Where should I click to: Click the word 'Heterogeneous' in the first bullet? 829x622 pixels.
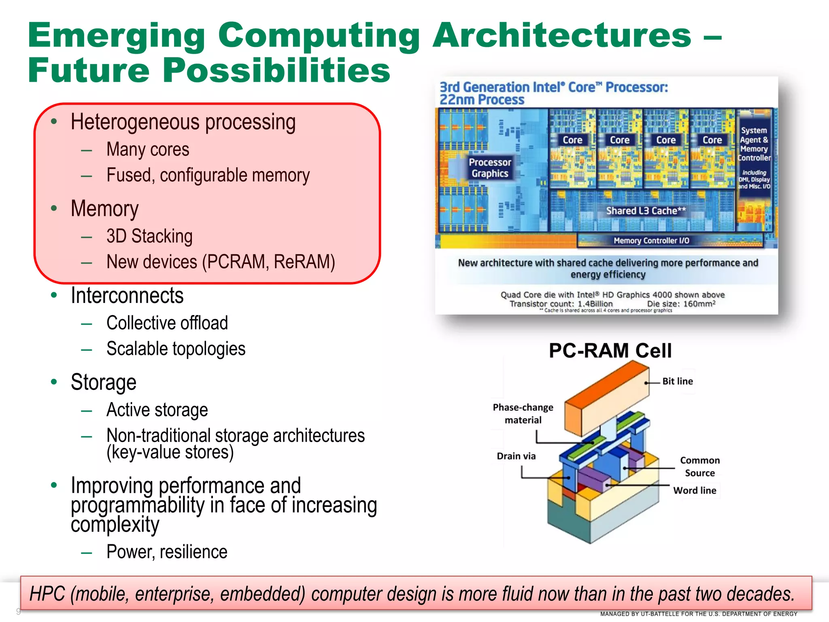135,122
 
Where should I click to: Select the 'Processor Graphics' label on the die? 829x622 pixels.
490,168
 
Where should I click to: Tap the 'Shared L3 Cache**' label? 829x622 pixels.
646,211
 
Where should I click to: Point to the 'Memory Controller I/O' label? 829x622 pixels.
651,241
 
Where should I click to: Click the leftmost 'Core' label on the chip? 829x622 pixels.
572,140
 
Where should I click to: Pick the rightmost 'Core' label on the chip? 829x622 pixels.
712,140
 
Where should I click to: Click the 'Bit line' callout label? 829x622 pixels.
677,381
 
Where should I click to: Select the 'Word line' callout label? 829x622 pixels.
695,490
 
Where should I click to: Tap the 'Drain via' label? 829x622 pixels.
516,456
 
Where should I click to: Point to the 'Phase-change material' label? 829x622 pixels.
523,413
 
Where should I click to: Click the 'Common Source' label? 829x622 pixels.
700,466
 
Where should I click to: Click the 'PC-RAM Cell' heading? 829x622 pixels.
610,351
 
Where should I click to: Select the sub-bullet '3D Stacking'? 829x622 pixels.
149,236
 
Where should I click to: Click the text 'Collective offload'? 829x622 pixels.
167,323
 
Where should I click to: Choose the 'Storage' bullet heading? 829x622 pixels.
104,382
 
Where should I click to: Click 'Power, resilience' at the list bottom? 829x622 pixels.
167,552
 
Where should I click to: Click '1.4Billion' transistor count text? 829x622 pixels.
595,304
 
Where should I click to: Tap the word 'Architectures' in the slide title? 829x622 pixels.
562,35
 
